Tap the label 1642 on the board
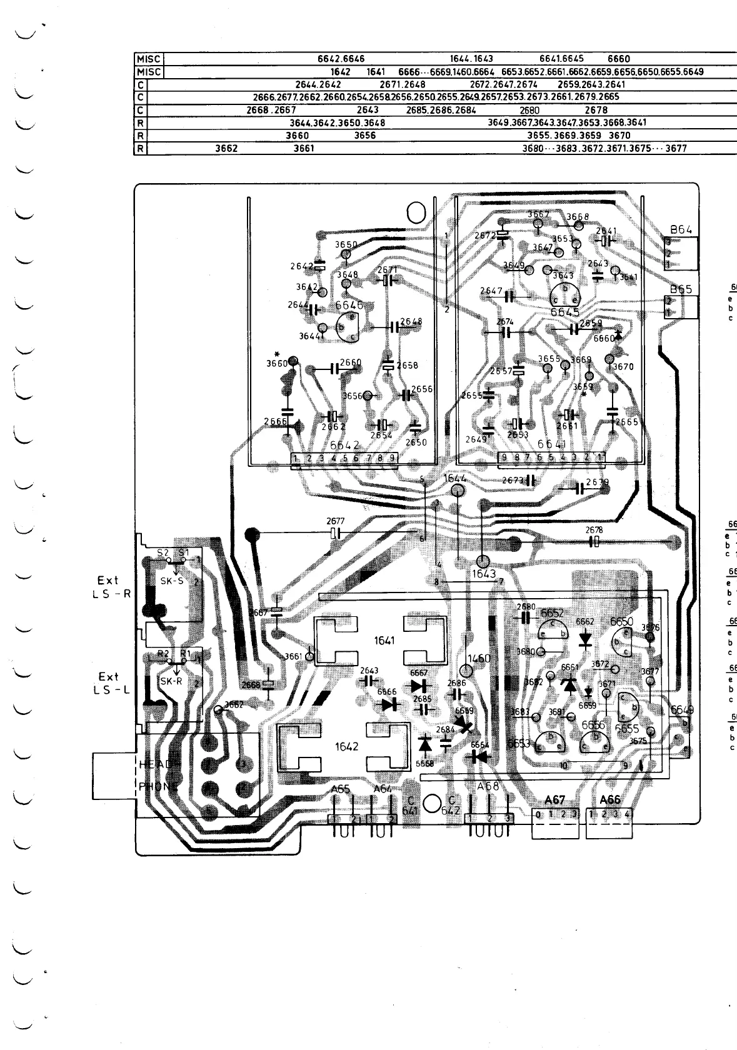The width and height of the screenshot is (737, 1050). [x=347, y=746]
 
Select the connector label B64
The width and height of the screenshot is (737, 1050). [x=681, y=229]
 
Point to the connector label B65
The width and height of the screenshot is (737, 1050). [x=681, y=289]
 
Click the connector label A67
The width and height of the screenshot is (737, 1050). [x=554, y=799]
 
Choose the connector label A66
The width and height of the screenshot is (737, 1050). [x=609, y=799]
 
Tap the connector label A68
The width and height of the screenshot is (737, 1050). [x=488, y=786]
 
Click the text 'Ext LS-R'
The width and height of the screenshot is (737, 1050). [x=109, y=587]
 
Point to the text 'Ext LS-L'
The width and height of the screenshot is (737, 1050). [x=109, y=683]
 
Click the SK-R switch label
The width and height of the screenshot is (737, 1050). [x=171, y=681]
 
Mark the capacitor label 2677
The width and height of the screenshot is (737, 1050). [x=335, y=521]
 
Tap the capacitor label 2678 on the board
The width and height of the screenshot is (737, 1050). [x=594, y=530]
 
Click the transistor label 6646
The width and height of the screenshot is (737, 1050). [x=349, y=306]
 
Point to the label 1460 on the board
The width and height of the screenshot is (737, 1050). [x=479, y=658]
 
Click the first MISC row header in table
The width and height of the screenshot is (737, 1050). [x=149, y=59]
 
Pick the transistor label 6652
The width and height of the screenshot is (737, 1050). [x=552, y=613]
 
